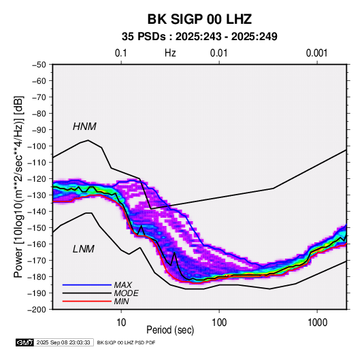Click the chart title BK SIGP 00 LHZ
point(199,19)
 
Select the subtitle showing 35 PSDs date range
point(199,37)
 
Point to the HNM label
point(84,127)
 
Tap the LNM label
point(84,249)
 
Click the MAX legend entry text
point(122,285)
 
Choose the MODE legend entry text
point(127,293)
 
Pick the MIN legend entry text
point(121,301)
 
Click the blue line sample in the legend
point(87,285)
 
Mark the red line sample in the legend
point(87,301)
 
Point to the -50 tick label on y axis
point(39,65)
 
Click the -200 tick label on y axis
point(37,310)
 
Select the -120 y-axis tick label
point(37,179)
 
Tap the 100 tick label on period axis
point(219,323)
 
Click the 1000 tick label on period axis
point(317,323)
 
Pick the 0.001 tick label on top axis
point(317,53)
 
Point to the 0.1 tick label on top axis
point(121,53)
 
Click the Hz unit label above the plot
point(170,53)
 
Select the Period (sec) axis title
point(170,330)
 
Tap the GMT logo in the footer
point(25,342)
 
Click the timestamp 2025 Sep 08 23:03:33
point(63,342)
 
